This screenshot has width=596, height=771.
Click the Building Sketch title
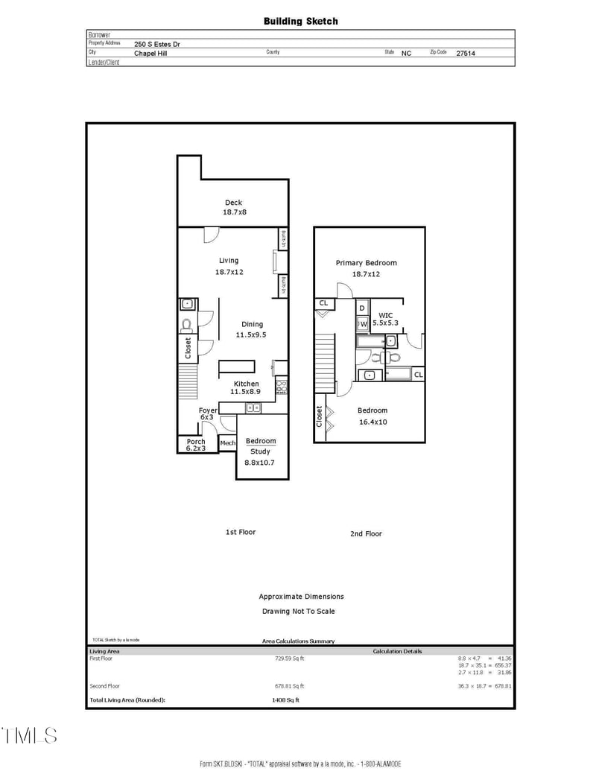tap(300, 22)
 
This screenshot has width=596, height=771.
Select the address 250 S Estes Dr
tap(156, 44)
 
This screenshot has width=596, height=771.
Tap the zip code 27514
tap(466, 54)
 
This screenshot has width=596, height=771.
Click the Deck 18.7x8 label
tap(234, 208)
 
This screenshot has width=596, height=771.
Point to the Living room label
tap(229, 261)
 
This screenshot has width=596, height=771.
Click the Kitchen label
tap(246, 384)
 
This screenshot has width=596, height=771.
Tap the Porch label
tap(195, 442)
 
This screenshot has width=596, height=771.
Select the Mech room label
tap(227, 443)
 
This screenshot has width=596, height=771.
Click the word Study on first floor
tap(260, 451)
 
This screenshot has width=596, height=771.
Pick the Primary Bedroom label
tap(366, 263)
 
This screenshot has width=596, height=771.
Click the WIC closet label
tap(385, 315)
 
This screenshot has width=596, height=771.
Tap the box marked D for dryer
tap(362, 308)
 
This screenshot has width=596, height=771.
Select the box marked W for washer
tap(364, 324)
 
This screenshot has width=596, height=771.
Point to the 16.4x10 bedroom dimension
tap(372, 422)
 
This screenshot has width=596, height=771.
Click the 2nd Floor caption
tap(366, 533)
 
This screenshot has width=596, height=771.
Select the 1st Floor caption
tap(241, 532)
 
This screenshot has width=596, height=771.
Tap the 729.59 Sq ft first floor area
tap(290, 659)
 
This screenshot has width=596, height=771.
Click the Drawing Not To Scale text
tap(298, 611)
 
